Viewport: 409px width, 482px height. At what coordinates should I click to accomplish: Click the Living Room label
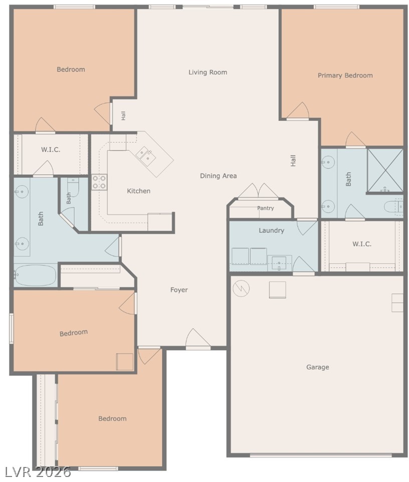tap(208, 72)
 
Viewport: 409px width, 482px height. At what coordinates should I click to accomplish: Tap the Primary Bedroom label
tap(345, 75)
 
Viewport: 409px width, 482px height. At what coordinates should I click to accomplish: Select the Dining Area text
tap(219, 176)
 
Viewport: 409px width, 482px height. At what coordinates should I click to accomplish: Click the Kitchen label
tap(139, 191)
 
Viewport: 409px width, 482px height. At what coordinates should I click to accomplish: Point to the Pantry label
tap(265, 208)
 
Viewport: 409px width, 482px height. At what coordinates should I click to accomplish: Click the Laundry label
tap(271, 230)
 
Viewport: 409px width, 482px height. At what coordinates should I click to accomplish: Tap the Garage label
tap(318, 367)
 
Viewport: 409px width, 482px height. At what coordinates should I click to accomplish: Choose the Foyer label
tap(179, 290)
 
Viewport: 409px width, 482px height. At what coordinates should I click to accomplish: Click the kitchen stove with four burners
tap(99, 182)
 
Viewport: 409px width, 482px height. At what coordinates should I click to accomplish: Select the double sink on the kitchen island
tap(146, 156)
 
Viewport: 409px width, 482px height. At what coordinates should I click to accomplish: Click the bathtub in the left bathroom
tap(36, 276)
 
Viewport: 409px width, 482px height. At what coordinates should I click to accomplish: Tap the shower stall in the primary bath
tap(385, 170)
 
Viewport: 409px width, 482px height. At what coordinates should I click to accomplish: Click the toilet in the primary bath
tap(393, 206)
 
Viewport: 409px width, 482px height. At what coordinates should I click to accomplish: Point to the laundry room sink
tap(279, 264)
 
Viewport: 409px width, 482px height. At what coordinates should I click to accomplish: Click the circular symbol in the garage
tap(241, 289)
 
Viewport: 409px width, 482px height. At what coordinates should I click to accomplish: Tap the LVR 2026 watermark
tap(38, 472)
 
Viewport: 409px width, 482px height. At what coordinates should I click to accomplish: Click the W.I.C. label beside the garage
tap(362, 244)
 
